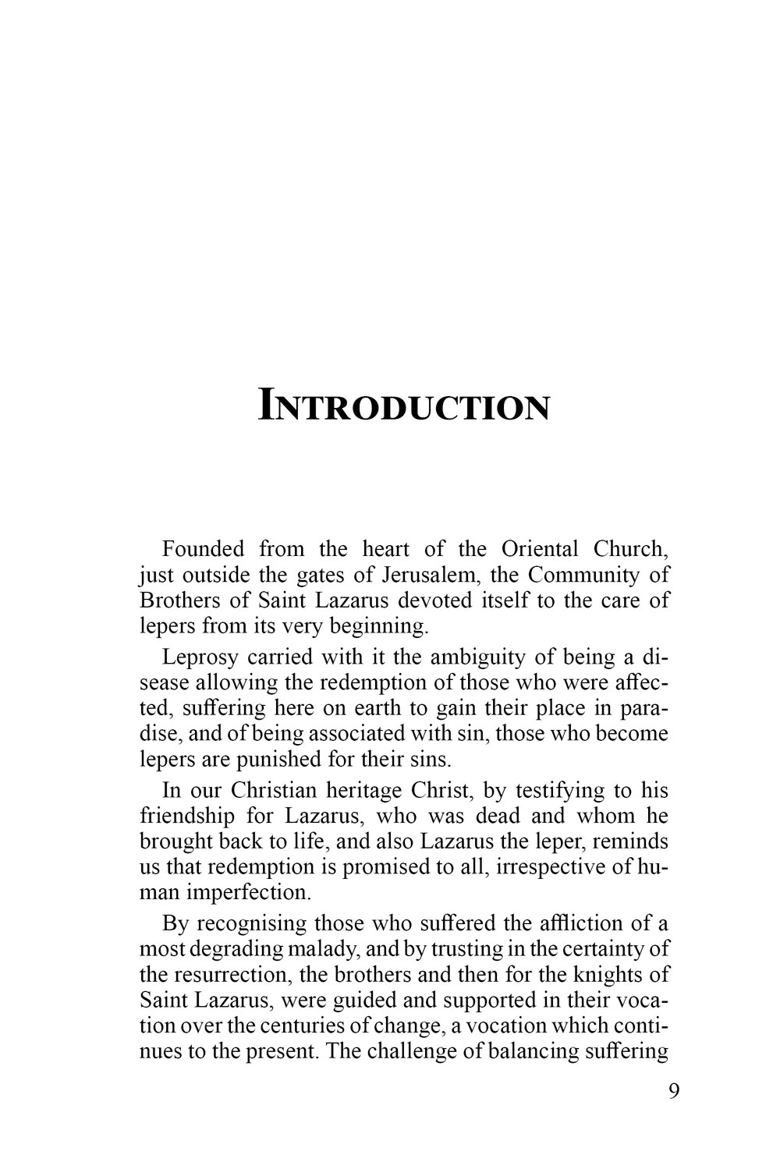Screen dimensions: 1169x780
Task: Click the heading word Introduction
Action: pyautogui.click(x=404, y=406)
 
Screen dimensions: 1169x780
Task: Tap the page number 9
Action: pyautogui.click(x=674, y=1090)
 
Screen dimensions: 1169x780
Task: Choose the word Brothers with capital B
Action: pyautogui.click(x=177, y=601)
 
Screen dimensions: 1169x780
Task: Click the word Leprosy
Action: pyautogui.click(x=199, y=657)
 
